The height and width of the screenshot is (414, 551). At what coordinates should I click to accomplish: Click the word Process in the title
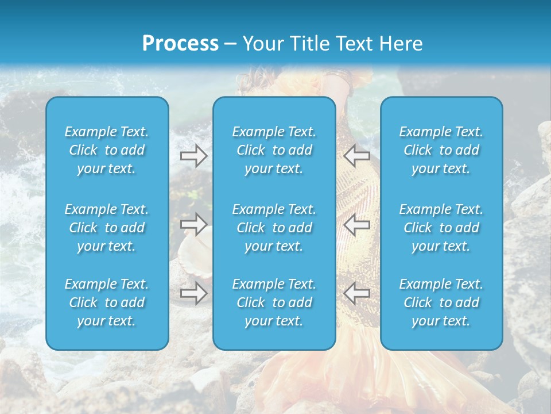(180, 44)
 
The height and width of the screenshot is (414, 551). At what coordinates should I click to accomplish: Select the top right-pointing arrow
(194, 155)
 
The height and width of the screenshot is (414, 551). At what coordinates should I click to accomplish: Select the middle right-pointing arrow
(194, 224)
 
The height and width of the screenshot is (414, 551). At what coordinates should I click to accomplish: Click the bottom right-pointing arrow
(194, 293)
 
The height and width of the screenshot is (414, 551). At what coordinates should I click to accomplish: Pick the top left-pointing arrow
(356, 155)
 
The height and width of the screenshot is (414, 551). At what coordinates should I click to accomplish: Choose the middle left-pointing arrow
(356, 224)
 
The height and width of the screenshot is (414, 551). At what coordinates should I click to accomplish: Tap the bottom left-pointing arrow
(356, 293)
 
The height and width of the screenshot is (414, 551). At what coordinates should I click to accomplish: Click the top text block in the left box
(107, 150)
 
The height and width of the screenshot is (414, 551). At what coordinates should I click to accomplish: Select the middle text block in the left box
(107, 228)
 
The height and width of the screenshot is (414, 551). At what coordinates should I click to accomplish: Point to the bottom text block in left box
(107, 302)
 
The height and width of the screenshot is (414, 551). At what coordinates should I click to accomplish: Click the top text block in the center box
(274, 150)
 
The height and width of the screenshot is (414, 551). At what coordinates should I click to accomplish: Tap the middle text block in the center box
(274, 228)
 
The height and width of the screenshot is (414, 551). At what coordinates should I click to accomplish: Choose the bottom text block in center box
(274, 302)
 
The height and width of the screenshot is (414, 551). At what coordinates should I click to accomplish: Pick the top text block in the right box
(441, 150)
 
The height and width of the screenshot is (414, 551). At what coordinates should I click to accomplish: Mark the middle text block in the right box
(441, 228)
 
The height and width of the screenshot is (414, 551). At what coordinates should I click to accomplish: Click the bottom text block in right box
(441, 302)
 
